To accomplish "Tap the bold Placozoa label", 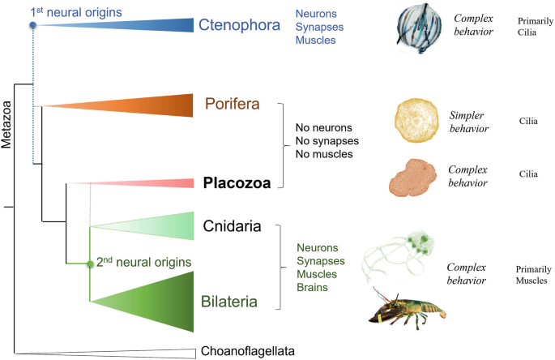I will point(236,182).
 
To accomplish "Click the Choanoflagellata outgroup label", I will point(246,351).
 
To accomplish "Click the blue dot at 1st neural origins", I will point(33,26).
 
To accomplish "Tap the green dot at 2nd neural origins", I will point(90,264).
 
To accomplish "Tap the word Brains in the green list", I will point(313,287).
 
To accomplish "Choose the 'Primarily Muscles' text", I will point(531,275).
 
